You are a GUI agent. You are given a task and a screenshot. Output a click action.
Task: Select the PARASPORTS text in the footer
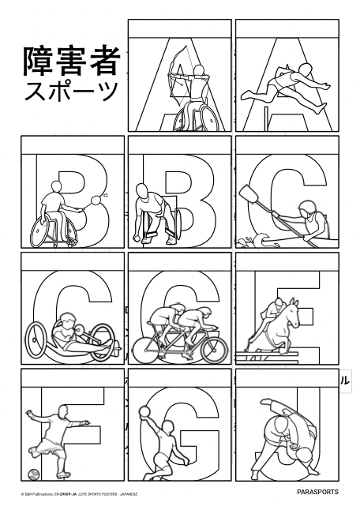click(x=318, y=492)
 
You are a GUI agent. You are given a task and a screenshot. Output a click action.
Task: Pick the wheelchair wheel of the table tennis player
click(x=44, y=231)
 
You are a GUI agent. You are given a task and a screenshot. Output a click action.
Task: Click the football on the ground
click(x=34, y=474)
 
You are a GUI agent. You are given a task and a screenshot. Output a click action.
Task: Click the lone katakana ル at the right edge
click(x=345, y=379)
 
